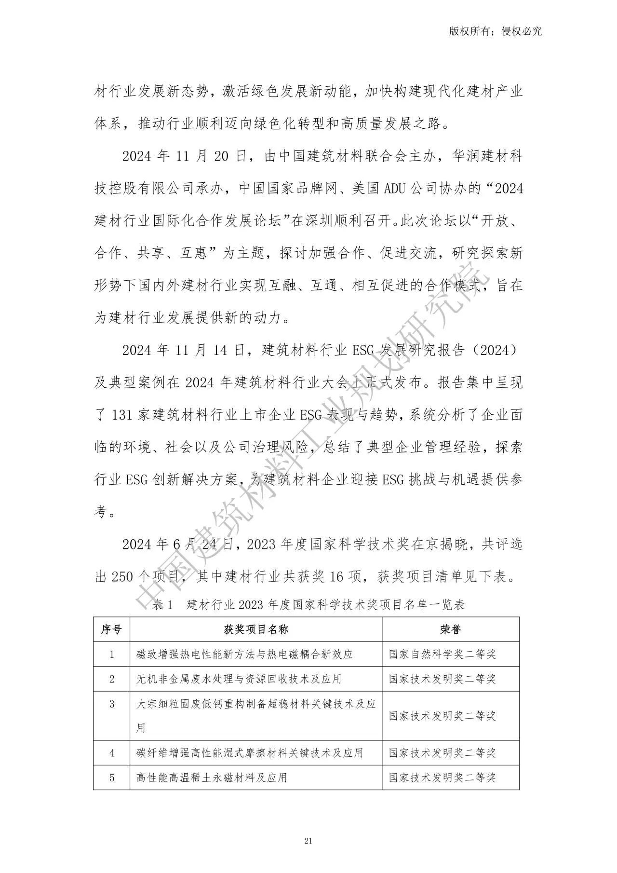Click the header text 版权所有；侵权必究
pos(495,31)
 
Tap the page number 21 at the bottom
pos(308,841)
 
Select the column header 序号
pos(111,629)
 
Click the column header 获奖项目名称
pos(256,629)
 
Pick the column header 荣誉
pos(450,629)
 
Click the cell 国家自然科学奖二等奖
pos(443,654)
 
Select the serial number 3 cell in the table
pos(112,704)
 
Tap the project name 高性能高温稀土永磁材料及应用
pos(212,777)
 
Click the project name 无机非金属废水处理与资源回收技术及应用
pos(239,679)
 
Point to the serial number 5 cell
pos(112,777)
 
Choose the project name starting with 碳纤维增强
pos(250,752)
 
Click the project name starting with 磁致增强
pos(245,654)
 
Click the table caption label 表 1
pos(162,604)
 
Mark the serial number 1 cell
pos(112,654)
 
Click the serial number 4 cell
pos(112,752)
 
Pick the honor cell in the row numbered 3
pos(443,715)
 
